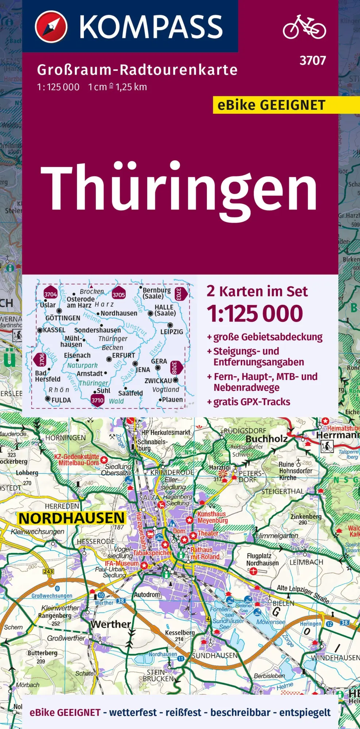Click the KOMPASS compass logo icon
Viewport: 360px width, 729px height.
click(51, 26)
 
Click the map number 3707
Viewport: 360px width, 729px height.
click(313, 61)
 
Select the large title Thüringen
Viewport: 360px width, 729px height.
click(179, 188)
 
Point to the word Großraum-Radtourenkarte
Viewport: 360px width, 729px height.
click(137, 70)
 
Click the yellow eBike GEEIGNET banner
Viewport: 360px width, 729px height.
click(271, 105)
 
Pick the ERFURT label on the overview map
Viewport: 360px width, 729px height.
click(123, 355)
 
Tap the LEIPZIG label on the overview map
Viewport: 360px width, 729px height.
click(171, 332)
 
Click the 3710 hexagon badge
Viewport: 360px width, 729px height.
click(97, 400)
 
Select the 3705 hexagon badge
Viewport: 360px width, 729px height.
click(119, 295)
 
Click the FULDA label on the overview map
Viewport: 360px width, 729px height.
click(61, 400)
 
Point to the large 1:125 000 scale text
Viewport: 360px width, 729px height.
click(255, 313)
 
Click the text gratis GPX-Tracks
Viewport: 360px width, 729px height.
click(252, 402)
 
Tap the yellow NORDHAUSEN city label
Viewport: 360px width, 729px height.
click(71, 518)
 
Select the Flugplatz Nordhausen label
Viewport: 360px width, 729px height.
click(262, 560)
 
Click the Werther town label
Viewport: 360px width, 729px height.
click(111, 624)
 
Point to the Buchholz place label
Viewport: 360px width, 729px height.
click(267, 439)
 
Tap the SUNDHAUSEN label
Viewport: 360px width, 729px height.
click(215, 655)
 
